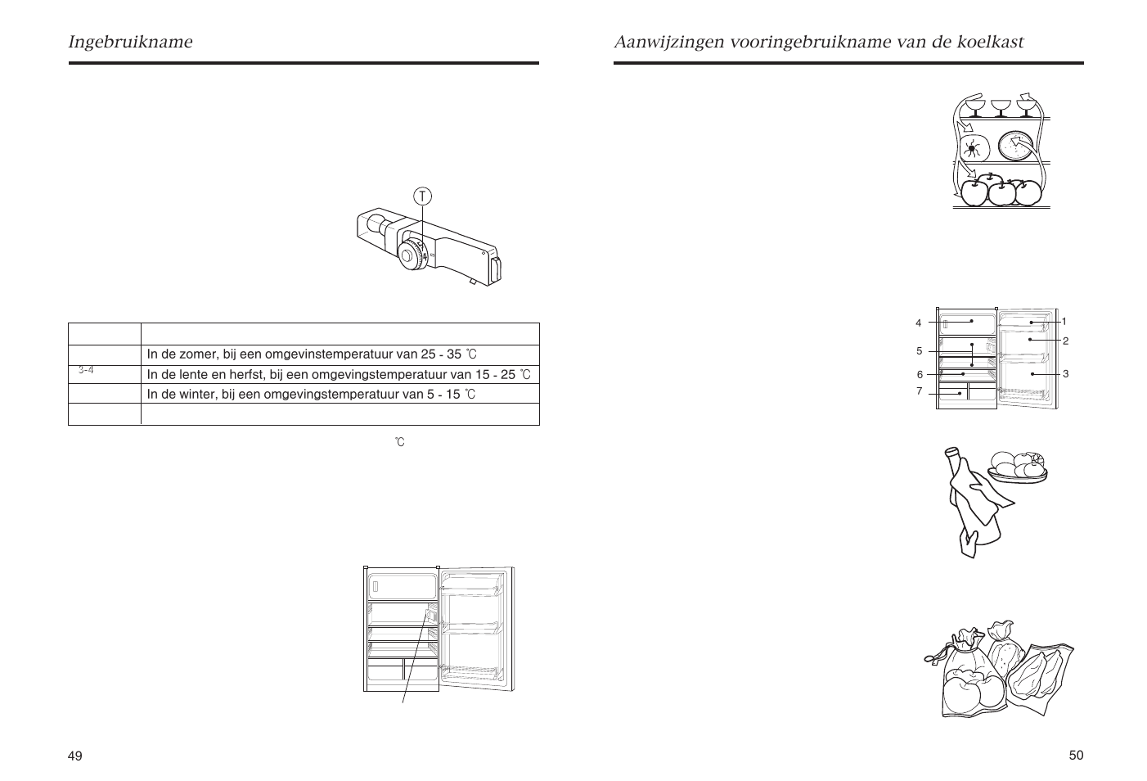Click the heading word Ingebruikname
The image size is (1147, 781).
131,42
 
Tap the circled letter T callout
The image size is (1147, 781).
422,196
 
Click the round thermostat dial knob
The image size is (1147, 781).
408,257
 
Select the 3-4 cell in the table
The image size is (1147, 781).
86,370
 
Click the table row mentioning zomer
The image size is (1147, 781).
311,354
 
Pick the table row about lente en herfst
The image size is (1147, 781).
339,375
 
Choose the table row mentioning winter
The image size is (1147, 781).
311,395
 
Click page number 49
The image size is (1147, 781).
75,756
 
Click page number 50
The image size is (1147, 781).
1076,755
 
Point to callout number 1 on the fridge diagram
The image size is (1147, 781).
1064,322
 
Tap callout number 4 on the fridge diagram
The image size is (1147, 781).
919,323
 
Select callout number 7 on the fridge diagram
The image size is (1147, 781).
919,391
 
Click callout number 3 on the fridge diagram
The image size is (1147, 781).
1065,373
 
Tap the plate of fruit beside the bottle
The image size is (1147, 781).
1017,467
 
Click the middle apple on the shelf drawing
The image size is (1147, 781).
1001,192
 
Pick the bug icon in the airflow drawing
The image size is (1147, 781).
973,148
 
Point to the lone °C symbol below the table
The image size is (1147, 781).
399,442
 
